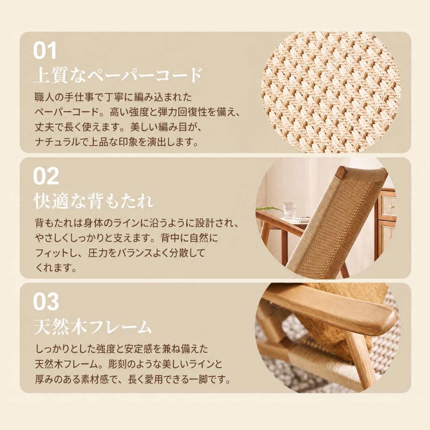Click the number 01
point(45,50)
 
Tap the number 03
point(46,302)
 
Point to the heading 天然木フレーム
point(93,326)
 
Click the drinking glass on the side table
point(290,211)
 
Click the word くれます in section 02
point(56,268)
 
